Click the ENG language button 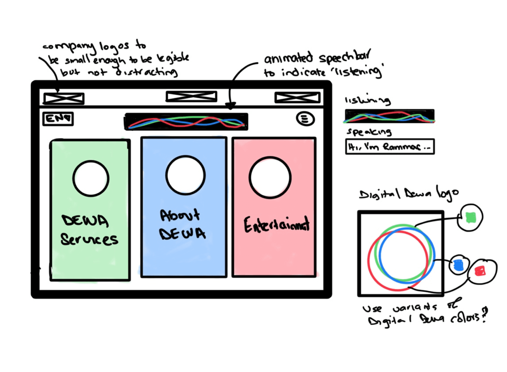(x=58, y=119)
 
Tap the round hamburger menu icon (x=305, y=119)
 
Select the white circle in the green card (x=91, y=179)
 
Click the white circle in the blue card (x=185, y=175)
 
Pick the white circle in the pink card (x=270, y=178)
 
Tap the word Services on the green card (x=89, y=239)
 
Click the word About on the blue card (x=180, y=215)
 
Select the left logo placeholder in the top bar (x=64, y=98)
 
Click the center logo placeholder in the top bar (x=191, y=96)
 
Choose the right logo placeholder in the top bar (x=297, y=98)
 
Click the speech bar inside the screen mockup (x=186, y=122)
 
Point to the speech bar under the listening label (x=389, y=116)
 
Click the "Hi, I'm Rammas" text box (x=390, y=146)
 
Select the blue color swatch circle (x=458, y=265)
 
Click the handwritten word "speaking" (x=369, y=132)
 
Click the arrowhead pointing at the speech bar (x=230, y=106)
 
